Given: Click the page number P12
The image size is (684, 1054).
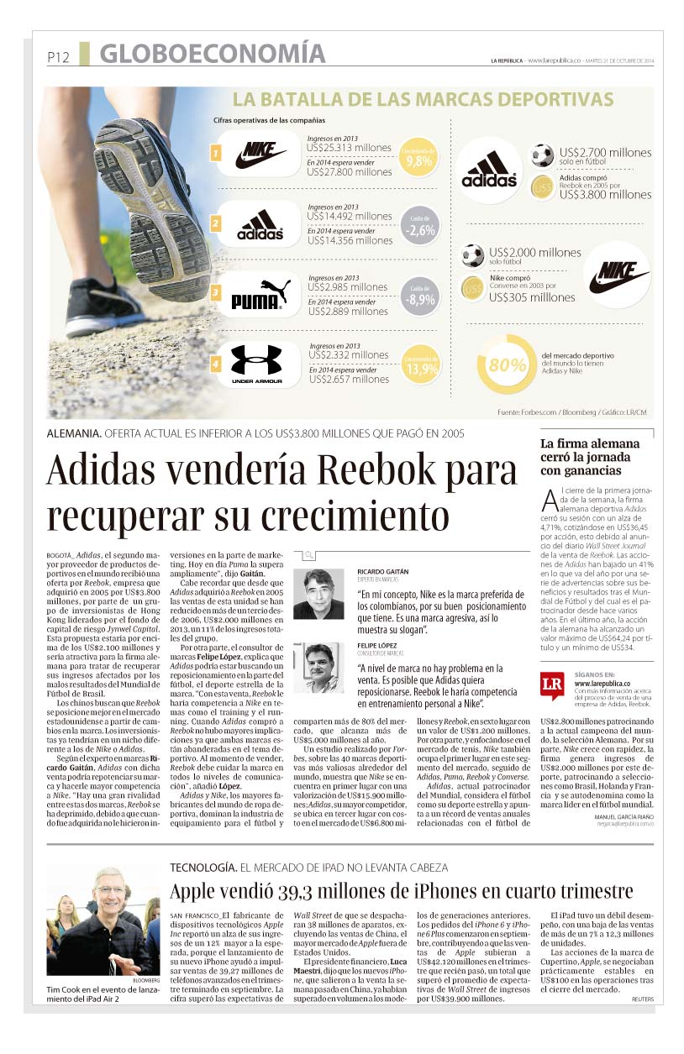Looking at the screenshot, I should coord(57,58).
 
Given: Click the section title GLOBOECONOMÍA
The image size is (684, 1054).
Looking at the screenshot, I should coord(212,54).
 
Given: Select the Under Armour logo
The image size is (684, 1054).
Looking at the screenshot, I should coord(256,364).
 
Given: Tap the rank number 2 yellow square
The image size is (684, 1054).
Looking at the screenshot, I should coord(216,223).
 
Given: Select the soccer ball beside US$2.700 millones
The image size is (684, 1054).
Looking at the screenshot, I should coord(542,155).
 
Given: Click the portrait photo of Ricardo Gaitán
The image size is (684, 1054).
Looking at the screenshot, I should coord(318,594).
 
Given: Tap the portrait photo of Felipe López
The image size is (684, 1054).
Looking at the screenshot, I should coord(318,667).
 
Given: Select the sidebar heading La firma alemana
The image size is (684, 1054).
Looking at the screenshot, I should coord(589,443).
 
